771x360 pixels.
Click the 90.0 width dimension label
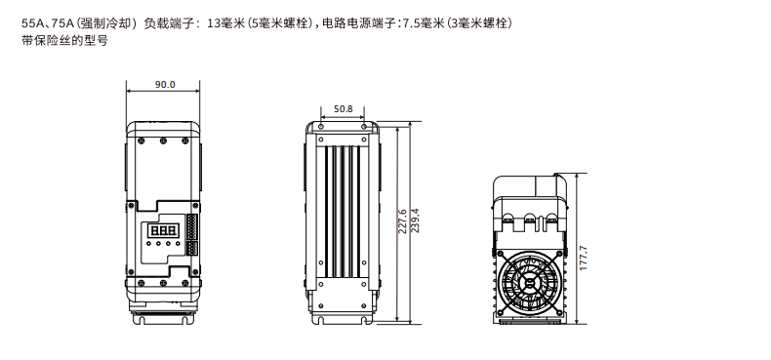[165, 84]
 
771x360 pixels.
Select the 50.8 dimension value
[344, 108]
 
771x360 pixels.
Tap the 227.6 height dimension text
[402, 221]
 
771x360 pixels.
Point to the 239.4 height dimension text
[415, 220]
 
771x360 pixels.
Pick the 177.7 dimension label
[584, 258]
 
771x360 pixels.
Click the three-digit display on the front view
[163, 230]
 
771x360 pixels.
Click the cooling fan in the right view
[530, 285]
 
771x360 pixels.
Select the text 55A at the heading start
[29, 23]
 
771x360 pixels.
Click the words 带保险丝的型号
[64, 40]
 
